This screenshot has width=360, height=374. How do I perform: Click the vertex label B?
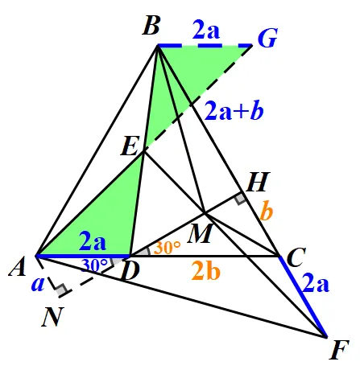[151, 26]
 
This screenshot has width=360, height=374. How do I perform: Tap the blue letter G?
[267, 38]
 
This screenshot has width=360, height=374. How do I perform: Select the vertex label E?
[130, 146]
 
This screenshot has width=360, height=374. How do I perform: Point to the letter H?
[258, 182]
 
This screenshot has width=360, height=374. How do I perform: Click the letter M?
[201, 233]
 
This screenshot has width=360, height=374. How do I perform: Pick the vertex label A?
[18, 266]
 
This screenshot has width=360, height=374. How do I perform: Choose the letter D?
[130, 271]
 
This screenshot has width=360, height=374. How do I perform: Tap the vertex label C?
[296, 257]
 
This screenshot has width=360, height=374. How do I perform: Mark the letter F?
[339, 350]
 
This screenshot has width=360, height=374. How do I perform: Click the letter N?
[53, 317]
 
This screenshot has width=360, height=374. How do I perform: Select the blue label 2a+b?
[234, 110]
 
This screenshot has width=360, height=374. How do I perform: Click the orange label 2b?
[206, 270]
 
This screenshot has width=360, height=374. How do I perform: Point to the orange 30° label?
[167, 247]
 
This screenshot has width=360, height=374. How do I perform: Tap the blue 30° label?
[94, 265]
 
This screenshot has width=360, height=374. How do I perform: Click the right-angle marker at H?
[240, 199]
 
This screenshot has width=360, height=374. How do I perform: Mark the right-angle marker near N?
[62, 290]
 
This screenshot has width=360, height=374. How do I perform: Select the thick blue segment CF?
[303, 297]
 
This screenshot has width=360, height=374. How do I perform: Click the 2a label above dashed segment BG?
[206, 30]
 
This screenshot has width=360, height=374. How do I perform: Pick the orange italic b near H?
[267, 210]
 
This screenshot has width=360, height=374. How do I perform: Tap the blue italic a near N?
[38, 284]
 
